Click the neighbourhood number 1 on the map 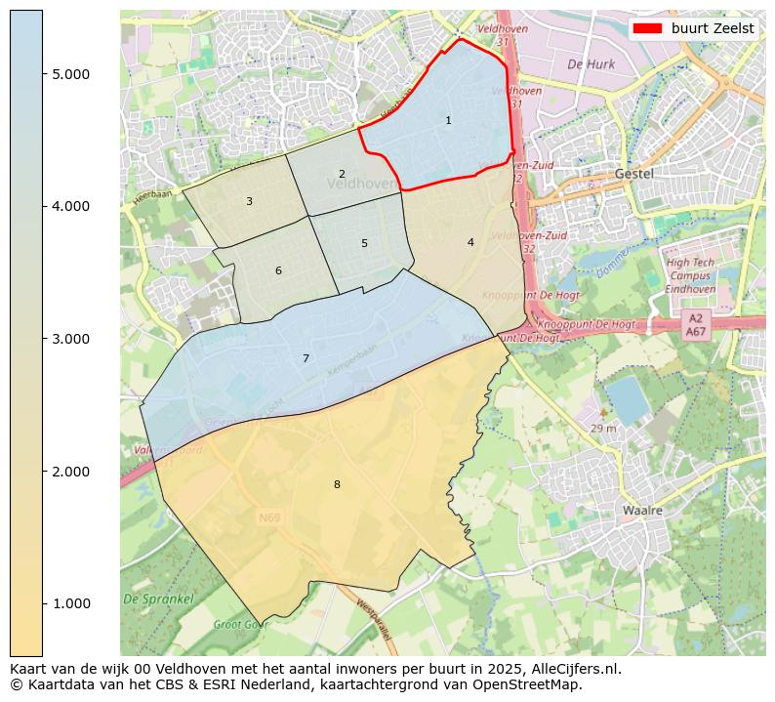(x=448, y=121)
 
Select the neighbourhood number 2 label (x=342, y=175)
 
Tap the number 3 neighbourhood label (x=249, y=202)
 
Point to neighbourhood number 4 (x=470, y=243)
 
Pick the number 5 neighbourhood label (x=364, y=244)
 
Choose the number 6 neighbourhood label (x=278, y=271)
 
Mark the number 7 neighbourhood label (x=306, y=359)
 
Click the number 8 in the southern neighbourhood (x=337, y=485)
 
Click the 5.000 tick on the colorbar (x=71, y=74)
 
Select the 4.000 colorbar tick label (x=71, y=206)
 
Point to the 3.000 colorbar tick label (x=71, y=339)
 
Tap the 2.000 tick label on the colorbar (x=71, y=472)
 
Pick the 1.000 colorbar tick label (x=71, y=603)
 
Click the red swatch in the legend (x=646, y=28)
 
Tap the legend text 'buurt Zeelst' (x=713, y=28)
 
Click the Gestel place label (x=634, y=174)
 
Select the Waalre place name (x=642, y=511)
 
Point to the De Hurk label (x=590, y=64)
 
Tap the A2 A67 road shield (x=696, y=325)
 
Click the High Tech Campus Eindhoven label (x=690, y=276)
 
